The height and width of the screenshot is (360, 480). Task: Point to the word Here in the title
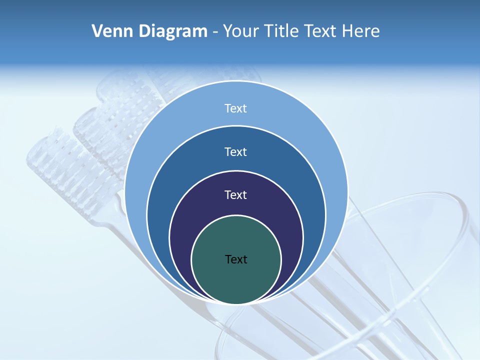point(360,31)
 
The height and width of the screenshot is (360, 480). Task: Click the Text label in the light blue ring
point(236,108)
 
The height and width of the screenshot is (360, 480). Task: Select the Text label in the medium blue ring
point(236,151)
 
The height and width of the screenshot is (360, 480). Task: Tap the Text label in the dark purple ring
point(236,195)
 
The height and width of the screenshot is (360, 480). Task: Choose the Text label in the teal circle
point(236,259)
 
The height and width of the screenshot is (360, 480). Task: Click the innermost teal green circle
point(236,280)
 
